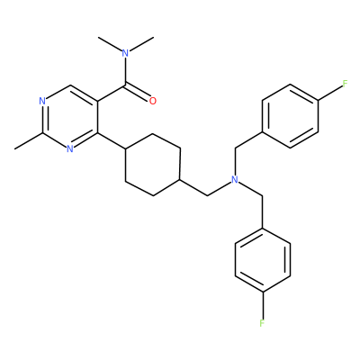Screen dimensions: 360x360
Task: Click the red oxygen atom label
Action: [153, 101]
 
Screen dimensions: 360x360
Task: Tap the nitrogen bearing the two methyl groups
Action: [126, 53]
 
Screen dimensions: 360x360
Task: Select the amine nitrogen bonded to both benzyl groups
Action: [235, 179]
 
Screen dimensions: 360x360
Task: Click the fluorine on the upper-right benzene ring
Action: [345, 83]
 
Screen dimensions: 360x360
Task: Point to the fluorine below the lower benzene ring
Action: [262, 323]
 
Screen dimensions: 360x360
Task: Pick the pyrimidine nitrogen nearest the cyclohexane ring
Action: [69, 148]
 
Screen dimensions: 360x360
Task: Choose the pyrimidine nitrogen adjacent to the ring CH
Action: [42, 101]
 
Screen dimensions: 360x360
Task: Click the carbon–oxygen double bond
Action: [138, 92]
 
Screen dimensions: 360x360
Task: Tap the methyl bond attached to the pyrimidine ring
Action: [29, 140]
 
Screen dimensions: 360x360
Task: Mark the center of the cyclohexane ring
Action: [153, 165]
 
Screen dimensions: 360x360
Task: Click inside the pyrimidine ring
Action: [70, 117]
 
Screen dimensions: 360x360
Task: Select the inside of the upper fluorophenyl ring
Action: [290, 116]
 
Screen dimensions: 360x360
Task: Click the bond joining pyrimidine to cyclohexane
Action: [112, 140]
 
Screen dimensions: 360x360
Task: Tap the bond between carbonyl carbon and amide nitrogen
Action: [126, 71]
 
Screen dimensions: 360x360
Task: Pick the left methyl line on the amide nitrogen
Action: [110, 44]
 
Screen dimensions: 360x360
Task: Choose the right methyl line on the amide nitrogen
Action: [141, 44]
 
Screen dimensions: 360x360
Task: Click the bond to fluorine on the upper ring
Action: [330, 92]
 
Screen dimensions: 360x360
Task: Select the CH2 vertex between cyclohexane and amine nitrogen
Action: [208, 196]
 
